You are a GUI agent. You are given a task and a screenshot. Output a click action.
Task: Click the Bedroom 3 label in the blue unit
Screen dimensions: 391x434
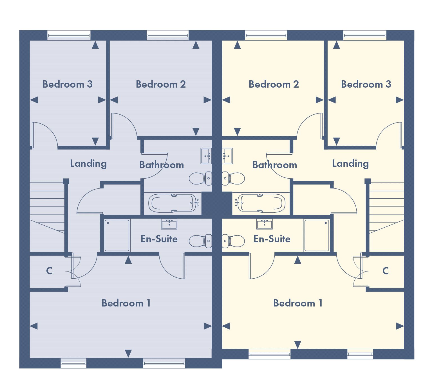pyautogui.click(x=68, y=84)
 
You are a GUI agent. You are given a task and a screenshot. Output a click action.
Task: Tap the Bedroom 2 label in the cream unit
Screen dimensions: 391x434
pyautogui.click(x=274, y=84)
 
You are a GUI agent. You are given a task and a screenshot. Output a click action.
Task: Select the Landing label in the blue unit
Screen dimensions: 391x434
pyautogui.click(x=88, y=163)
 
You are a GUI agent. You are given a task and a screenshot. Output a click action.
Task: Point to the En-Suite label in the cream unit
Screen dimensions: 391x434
pyautogui.click(x=272, y=239)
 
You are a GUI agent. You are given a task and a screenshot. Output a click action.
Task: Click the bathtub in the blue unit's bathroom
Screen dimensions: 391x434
pyautogui.click(x=173, y=203)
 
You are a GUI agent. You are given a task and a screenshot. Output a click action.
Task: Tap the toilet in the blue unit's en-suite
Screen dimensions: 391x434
pyautogui.click(x=200, y=241)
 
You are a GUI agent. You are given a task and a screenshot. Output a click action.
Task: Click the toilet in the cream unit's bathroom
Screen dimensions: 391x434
pyautogui.click(x=234, y=178)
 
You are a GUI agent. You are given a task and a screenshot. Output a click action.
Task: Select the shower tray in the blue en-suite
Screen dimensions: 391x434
pyautogui.click(x=117, y=235)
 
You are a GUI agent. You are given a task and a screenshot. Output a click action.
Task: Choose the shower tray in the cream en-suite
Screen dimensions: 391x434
pyautogui.click(x=317, y=235)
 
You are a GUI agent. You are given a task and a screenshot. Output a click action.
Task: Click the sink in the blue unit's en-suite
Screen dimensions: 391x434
pyautogui.click(x=169, y=224)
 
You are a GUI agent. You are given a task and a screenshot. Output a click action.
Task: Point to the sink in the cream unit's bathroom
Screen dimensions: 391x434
pyautogui.click(x=227, y=156)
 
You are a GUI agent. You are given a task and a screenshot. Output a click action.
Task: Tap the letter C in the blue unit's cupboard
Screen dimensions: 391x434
pyautogui.click(x=49, y=271)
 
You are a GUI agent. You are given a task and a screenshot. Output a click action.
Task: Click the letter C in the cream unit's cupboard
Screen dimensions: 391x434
pyautogui.click(x=385, y=271)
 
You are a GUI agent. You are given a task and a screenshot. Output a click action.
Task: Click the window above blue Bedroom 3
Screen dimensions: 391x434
pyautogui.click(x=69, y=35)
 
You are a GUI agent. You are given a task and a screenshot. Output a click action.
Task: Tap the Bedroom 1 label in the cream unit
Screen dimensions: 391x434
pyautogui.click(x=298, y=303)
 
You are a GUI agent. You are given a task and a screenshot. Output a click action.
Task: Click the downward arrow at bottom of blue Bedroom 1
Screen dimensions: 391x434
pyautogui.click(x=128, y=353)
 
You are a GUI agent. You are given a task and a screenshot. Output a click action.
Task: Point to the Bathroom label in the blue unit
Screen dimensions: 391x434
pyautogui.click(x=162, y=165)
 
